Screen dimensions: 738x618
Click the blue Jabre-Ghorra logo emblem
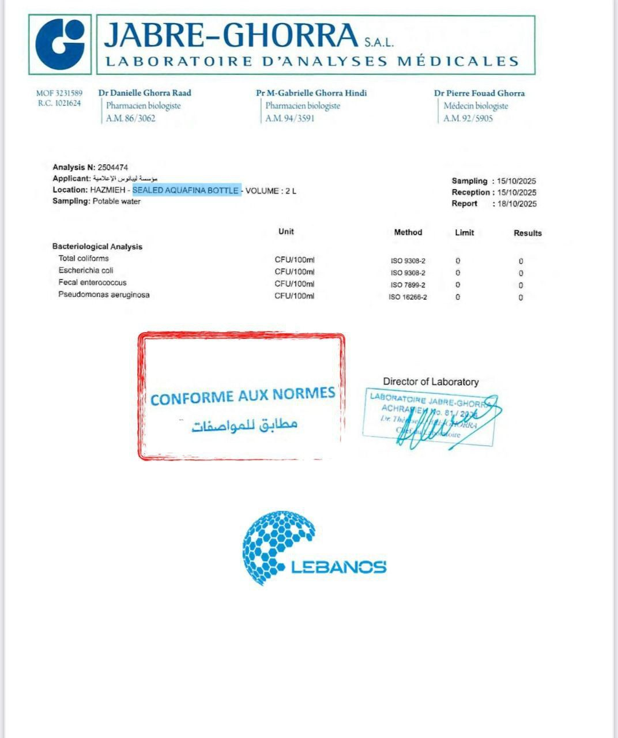[60, 44]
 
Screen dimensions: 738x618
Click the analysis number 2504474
[113, 167]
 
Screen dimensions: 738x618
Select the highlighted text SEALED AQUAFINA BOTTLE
[186, 190]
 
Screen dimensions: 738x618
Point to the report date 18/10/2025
[517, 204]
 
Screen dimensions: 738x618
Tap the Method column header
[408, 232]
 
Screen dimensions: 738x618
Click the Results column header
[527, 233]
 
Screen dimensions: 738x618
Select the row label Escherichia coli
[86, 270]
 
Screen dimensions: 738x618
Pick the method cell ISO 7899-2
[408, 285]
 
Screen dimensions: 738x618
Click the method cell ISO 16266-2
[408, 298]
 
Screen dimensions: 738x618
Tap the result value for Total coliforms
[521, 261]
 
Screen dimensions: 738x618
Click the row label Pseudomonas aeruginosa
[104, 295]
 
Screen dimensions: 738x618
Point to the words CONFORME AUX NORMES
[243, 396]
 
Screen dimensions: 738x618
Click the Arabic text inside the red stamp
[244, 425]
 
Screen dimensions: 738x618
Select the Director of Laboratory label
[431, 382]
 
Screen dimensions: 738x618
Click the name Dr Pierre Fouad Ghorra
[479, 93]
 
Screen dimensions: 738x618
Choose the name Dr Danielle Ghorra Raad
[145, 93]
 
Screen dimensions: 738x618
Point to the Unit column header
[286, 231]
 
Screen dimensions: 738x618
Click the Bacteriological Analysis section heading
[97, 246]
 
